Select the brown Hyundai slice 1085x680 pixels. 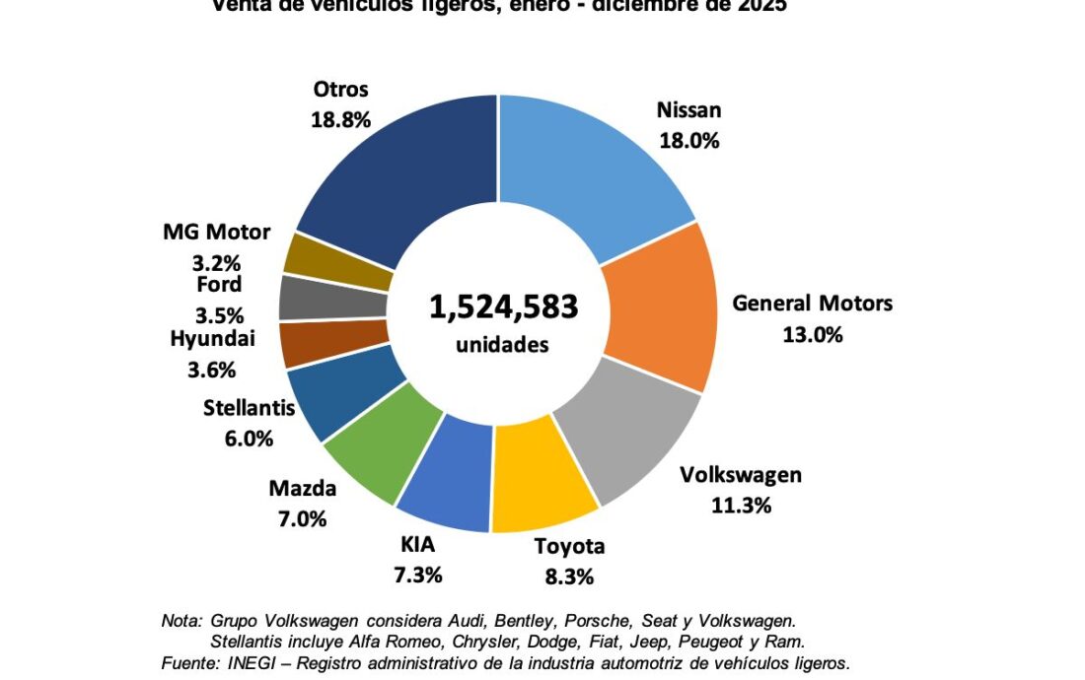[x=308, y=343]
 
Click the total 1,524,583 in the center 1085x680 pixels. [x=503, y=306]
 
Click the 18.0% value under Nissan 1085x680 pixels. [x=689, y=140]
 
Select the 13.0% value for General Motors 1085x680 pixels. [x=812, y=334]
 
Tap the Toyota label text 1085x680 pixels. [x=569, y=547]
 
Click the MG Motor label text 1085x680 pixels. [x=216, y=233]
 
